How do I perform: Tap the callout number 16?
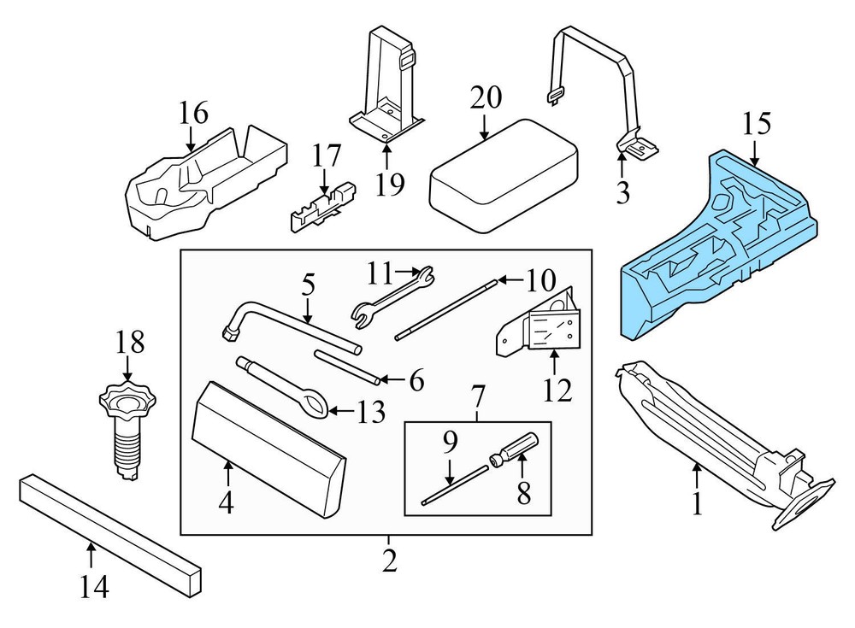point(193,112)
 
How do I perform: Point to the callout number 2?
point(388,561)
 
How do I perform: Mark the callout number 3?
point(623,193)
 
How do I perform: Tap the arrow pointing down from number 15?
point(756,154)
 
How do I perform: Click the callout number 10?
point(541,279)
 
